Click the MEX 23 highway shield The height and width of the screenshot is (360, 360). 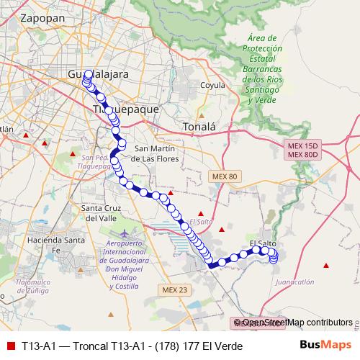click(x=172, y=289)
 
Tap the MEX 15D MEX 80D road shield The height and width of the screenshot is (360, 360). click(x=302, y=150)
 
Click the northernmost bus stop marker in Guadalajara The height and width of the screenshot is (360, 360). click(x=88, y=73)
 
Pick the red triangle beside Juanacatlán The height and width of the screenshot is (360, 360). click(x=328, y=266)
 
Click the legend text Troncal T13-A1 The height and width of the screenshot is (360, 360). click(x=132, y=346)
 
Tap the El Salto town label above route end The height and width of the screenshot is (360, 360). click(x=263, y=243)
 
